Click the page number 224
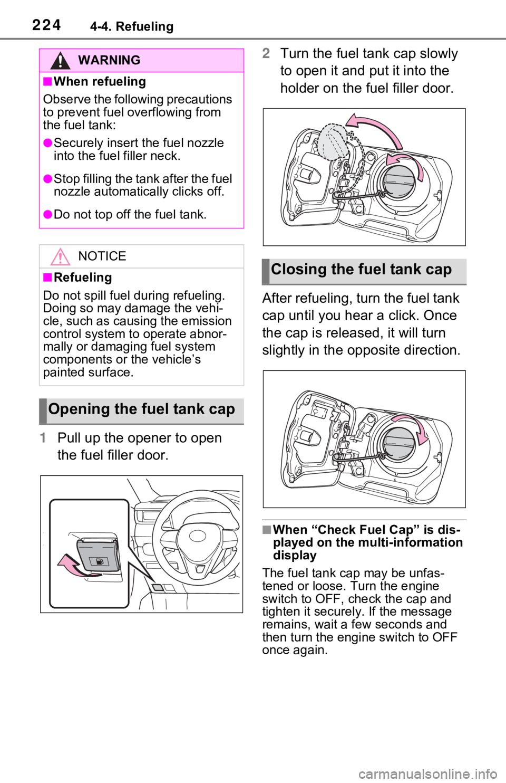coord(46,25)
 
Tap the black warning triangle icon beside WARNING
coord(60,61)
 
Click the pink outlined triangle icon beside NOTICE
coord(60,256)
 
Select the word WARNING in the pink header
coord(109,60)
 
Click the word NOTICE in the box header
coord(102,256)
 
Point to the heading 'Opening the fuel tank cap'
coord(141,409)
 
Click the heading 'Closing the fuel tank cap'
coord(362,270)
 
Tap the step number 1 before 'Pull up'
coord(43,438)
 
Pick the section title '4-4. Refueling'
coord(132,26)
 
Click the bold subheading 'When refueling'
coord(100,81)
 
